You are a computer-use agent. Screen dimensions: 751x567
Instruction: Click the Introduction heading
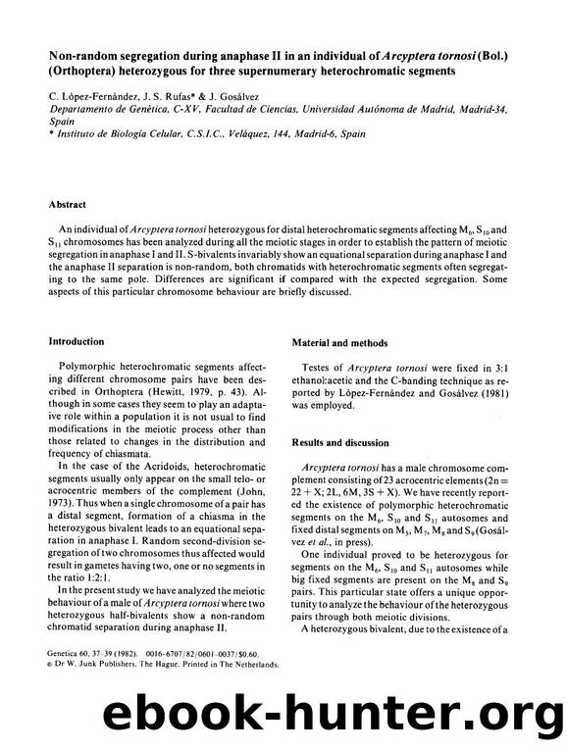pyautogui.click(x=79, y=341)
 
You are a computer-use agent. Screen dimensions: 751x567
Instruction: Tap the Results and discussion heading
pyautogui.click(x=340, y=443)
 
